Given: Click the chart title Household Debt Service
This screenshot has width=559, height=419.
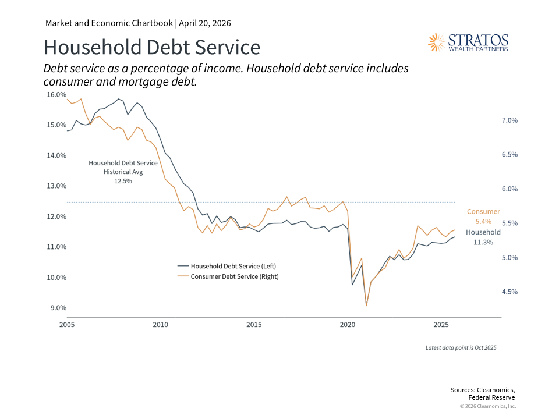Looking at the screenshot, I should pos(152,47).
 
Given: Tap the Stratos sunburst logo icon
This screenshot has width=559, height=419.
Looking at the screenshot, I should pos(436,42).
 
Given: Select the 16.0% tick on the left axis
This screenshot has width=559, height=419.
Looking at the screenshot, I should pos(56,94).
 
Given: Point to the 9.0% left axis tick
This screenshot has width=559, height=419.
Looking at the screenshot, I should pos(56,308).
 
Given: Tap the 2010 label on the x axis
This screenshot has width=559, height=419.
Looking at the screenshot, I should pos(160,325).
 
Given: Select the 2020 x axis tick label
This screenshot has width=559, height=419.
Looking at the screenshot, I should pos(348,325).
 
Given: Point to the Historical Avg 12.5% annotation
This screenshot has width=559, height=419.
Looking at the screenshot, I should pos(115,172).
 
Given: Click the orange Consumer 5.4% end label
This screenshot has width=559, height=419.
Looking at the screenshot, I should pos(483,216).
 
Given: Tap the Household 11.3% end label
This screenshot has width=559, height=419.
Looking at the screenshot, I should pos(483,237).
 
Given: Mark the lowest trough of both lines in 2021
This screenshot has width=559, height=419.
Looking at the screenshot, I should pos(366,305).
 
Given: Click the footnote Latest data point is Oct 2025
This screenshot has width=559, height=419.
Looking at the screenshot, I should pos(461,347).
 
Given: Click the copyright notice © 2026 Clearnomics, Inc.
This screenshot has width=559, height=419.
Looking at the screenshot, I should pos(487,406).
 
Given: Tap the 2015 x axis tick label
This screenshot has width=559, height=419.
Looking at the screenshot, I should pos(254,325).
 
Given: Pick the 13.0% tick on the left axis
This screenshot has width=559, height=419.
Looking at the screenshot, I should pos(56,186).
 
